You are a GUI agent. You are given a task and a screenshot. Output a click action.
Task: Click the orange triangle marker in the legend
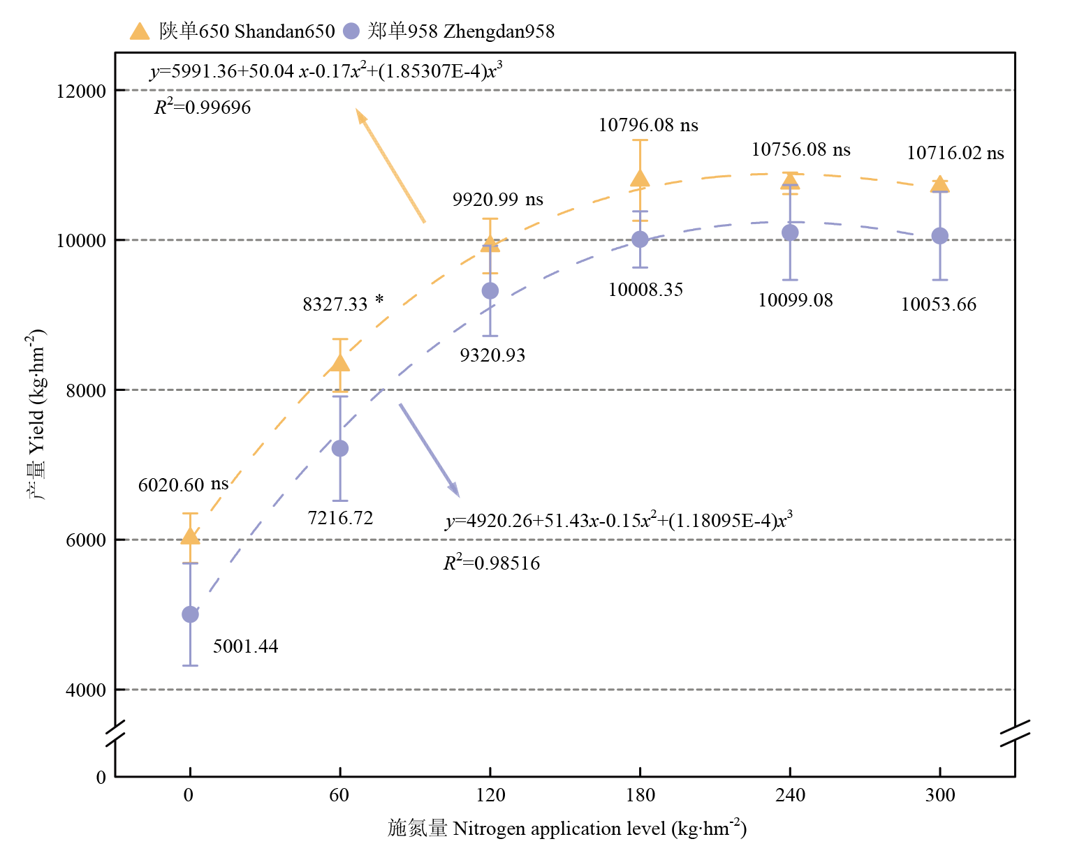point(140,31)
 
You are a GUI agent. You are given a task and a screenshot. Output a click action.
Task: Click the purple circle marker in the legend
point(351,31)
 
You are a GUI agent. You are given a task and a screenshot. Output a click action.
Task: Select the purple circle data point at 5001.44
point(190,614)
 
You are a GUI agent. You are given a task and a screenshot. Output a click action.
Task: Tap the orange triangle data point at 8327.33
point(340,362)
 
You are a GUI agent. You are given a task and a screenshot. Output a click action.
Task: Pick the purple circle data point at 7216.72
point(340,448)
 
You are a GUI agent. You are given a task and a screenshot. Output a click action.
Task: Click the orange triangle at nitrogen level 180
point(640,179)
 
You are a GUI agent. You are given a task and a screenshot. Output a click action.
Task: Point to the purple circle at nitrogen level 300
point(940,236)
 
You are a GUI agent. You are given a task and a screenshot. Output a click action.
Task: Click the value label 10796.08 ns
point(648,125)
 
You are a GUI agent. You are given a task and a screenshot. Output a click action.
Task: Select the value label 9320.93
point(492,355)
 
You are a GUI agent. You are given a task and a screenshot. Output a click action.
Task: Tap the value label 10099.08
point(796,300)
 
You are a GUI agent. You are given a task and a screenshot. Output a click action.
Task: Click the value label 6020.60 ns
point(183,484)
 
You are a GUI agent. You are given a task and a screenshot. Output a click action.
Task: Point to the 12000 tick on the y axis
point(81,91)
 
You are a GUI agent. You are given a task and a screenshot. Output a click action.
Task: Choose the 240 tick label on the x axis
point(790,795)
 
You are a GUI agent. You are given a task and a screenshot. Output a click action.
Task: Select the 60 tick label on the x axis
point(339,795)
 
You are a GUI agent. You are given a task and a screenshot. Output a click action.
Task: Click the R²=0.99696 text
point(203,107)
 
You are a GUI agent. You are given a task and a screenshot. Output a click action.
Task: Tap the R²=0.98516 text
point(492,563)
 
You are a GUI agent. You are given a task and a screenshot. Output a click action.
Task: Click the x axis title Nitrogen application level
point(567,829)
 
